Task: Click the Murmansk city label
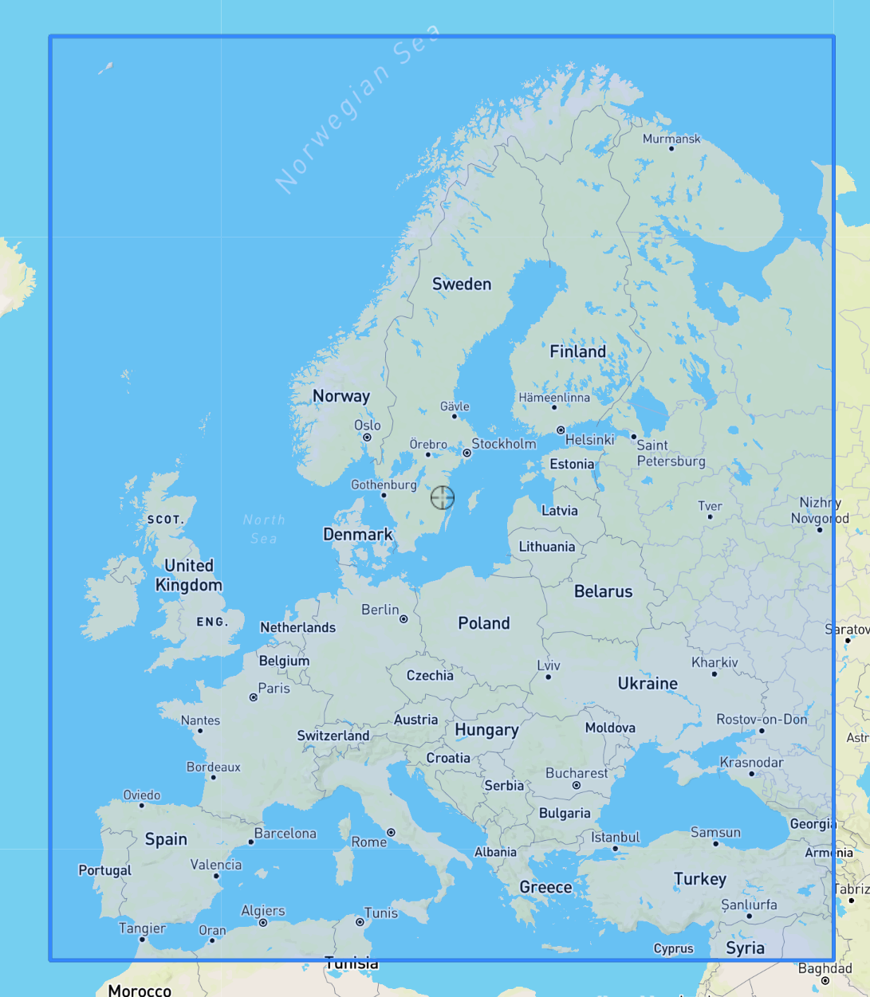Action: [671, 139]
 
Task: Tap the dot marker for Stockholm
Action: [467, 453]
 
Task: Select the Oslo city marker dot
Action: [368, 438]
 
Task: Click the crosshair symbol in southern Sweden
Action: [443, 498]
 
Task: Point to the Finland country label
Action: [577, 351]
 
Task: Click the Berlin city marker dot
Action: [404, 619]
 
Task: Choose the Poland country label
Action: [483, 623]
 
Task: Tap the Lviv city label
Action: [549, 665]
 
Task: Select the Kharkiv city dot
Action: [715, 674]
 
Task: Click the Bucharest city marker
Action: [577, 786]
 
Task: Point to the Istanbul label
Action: [615, 837]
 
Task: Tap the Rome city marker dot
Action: [391, 832]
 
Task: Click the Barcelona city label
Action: [285, 834]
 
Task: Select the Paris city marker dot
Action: [254, 697]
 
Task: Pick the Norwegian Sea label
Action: [356, 109]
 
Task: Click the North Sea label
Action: [264, 529]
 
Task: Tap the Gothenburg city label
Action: [384, 485]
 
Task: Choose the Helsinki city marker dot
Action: [561, 430]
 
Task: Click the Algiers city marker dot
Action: [263, 923]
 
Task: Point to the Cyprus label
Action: [673, 948]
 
